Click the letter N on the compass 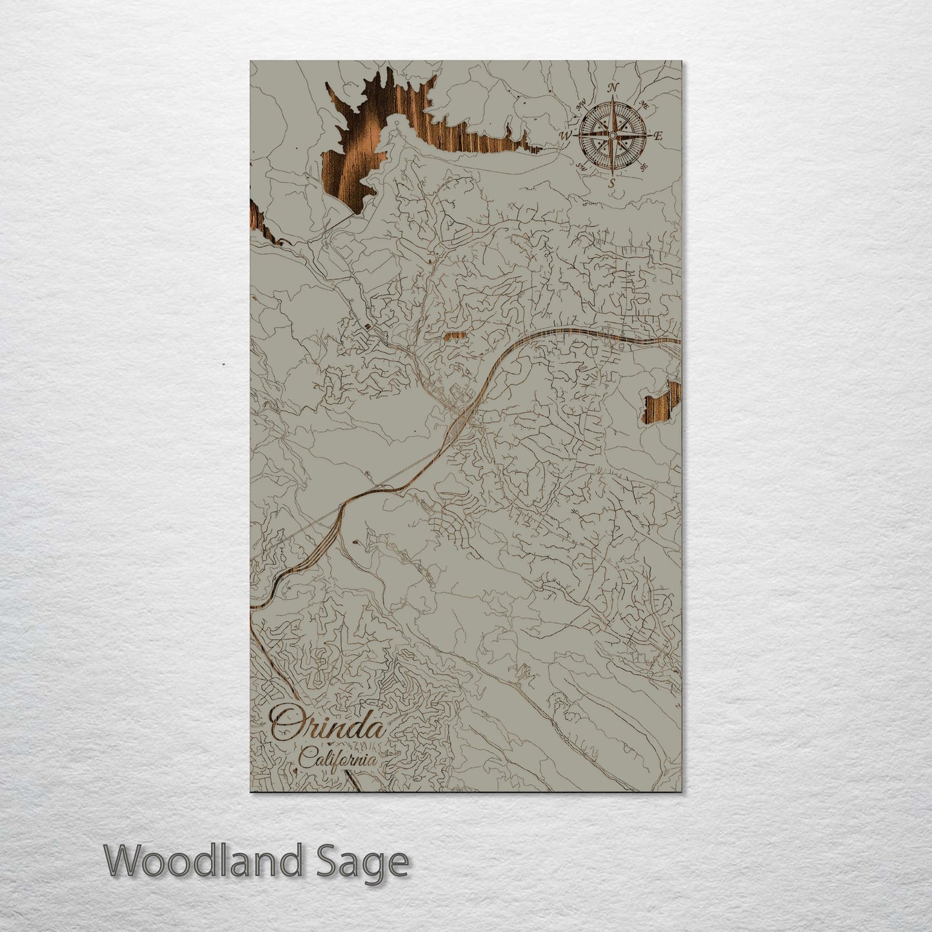pos(614,88)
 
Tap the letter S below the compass pos(611,183)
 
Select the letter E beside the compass pos(659,136)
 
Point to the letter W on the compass pos(566,135)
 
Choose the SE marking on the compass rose pos(643,168)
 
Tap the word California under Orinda pos(338,758)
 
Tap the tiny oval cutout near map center pos(455,336)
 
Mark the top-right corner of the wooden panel pos(680,61)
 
